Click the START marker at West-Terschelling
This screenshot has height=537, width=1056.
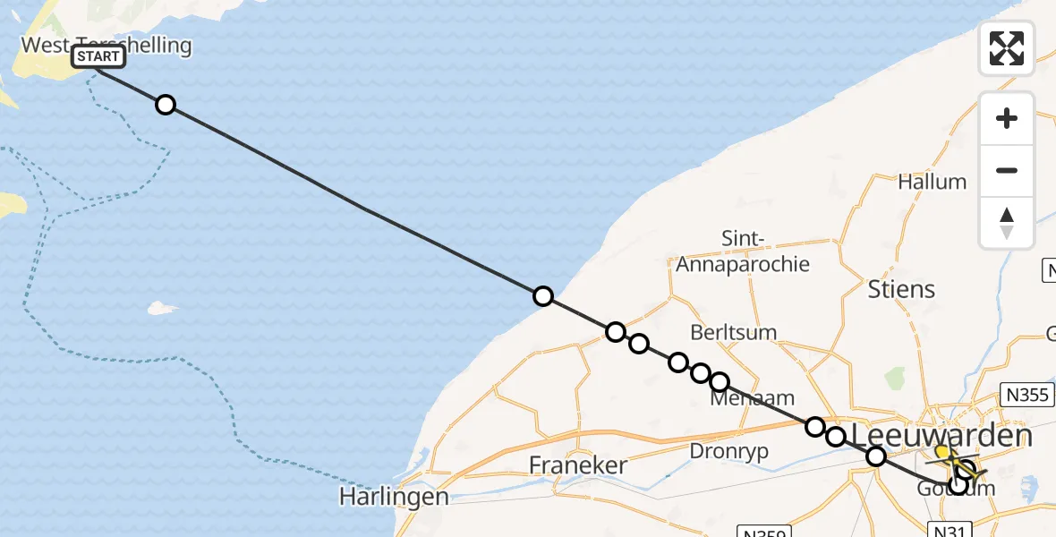(x=98, y=57)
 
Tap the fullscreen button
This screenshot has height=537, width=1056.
(x=1007, y=48)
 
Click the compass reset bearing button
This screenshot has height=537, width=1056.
(x=1007, y=223)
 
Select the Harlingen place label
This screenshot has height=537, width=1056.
(x=394, y=497)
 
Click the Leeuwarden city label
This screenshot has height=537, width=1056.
(x=941, y=436)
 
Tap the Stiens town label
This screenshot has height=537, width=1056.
(x=901, y=289)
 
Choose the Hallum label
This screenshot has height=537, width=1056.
(x=933, y=182)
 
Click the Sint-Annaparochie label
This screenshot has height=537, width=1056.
(x=743, y=251)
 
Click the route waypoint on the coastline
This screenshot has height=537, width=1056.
(x=543, y=296)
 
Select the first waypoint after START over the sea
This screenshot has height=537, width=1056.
(x=165, y=105)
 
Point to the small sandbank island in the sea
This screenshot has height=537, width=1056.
(x=162, y=308)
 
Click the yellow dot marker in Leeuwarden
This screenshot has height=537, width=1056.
(x=942, y=452)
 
